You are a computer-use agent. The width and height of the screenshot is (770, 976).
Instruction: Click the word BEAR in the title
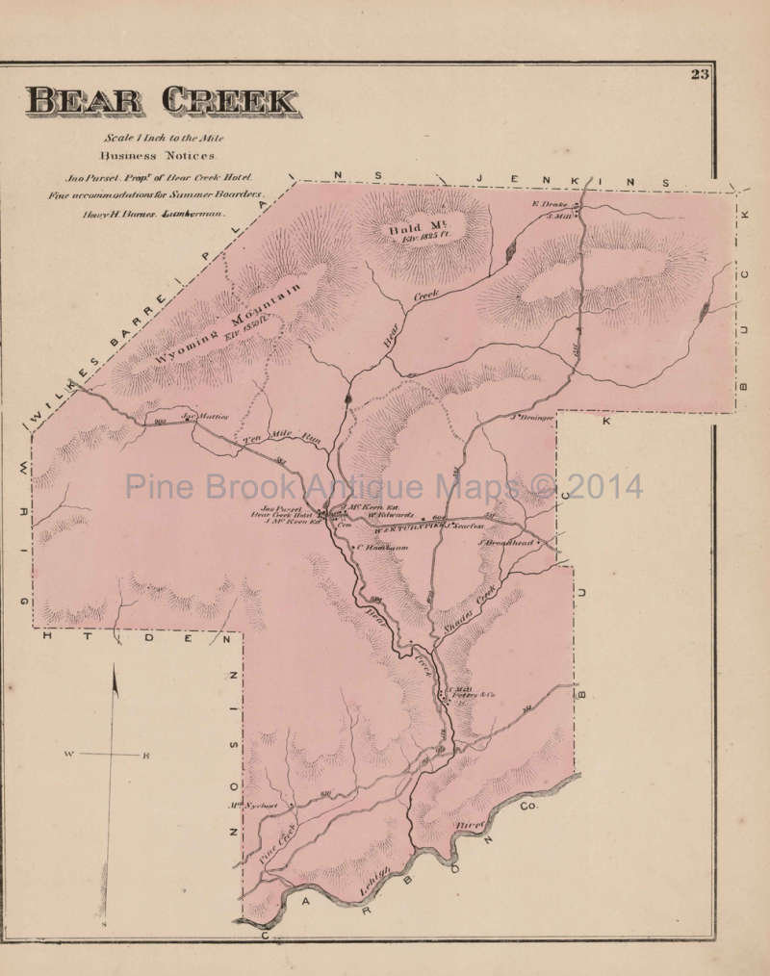point(85,101)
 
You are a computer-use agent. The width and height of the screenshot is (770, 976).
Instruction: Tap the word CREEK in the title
point(231,101)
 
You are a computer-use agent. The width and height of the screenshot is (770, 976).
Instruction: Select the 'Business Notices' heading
point(161,154)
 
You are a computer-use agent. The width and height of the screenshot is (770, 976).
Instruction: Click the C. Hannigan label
point(383,548)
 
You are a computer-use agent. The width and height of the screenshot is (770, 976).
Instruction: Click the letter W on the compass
point(69,755)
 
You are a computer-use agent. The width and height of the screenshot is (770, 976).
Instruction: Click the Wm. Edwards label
point(391,514)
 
